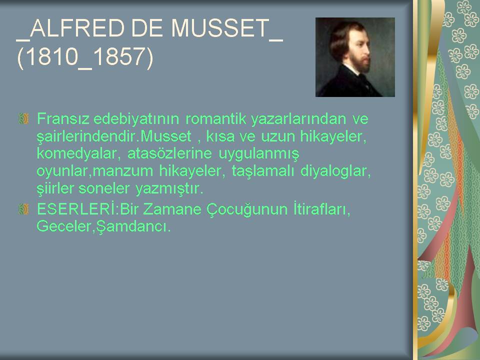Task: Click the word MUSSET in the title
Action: pos(220,28)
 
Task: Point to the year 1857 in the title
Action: pos(118,56)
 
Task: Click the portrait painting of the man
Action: pos(355,57)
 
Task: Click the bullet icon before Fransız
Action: pos(23,119)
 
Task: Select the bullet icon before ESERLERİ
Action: pos(23,209)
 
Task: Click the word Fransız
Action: pos(63,119)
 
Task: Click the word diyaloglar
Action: pos(335,171)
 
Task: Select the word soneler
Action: pos(104,188)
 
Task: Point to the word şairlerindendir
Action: pos(88,136)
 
